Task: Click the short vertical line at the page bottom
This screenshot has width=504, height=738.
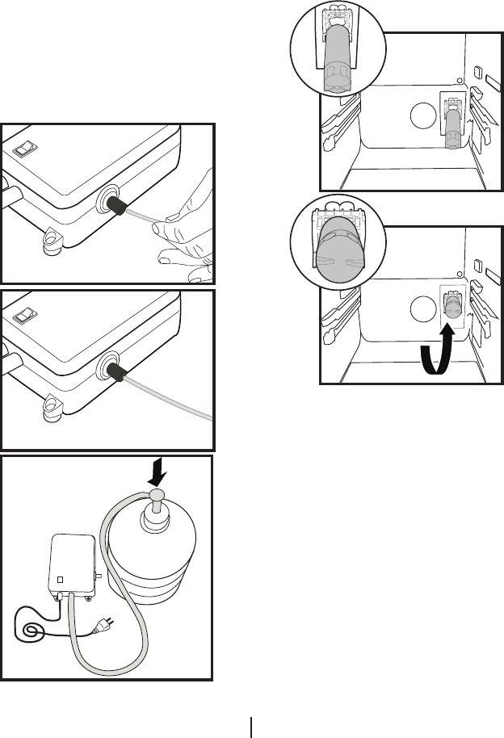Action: [x=252, y=726]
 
